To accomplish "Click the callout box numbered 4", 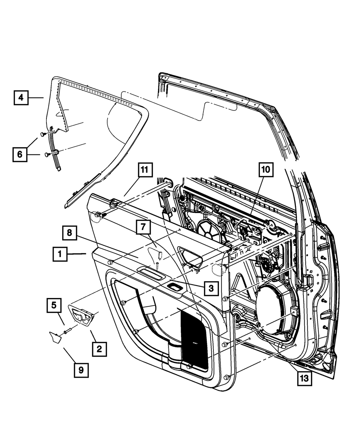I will click(x=21, y=97).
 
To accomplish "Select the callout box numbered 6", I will click(x=20, y=154).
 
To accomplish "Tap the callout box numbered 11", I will click(x=144, y=170).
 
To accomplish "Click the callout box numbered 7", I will click(x=143, y=227).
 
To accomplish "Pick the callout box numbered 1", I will click(x=60, y=255).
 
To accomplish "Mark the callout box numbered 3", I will click(x=211, y=288).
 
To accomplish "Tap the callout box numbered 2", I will click(x=99, y=349).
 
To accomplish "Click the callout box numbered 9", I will click(x=81, y=370).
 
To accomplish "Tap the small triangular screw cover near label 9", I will click(x=54, y=338).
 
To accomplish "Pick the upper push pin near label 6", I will click(x=43, y=134).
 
